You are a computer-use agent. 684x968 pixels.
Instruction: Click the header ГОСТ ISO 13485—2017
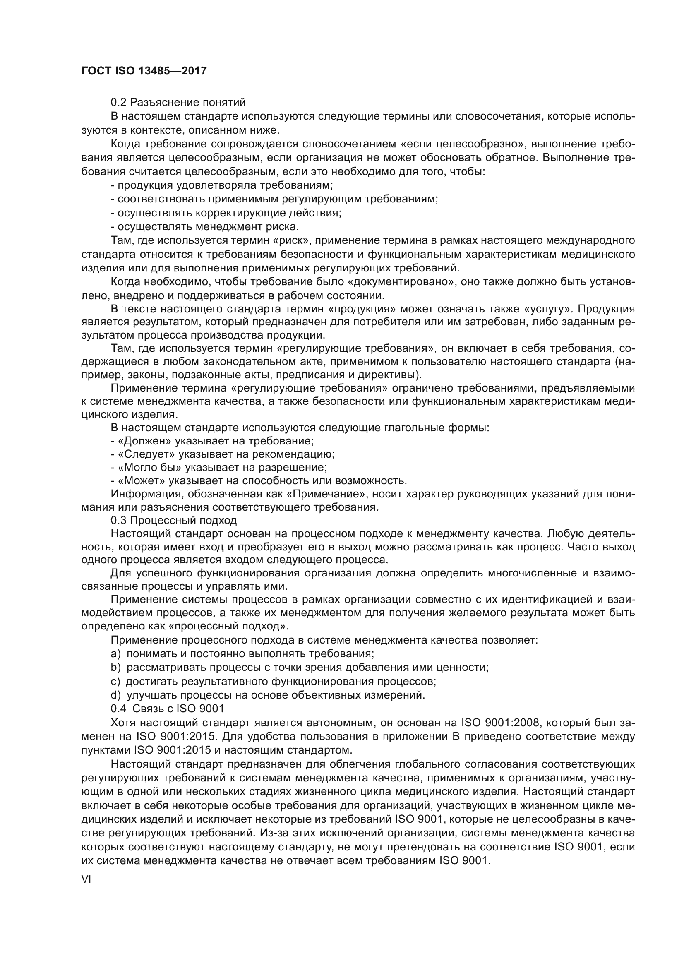point(144,71)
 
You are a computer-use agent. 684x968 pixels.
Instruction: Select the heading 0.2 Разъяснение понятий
point(178,102)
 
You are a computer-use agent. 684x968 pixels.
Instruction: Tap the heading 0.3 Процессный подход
point(174,520)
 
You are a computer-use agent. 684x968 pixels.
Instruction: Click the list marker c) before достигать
point(115,681)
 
